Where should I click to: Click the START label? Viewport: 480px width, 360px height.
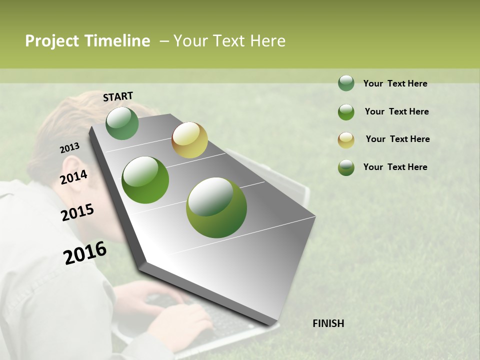pos(118,96)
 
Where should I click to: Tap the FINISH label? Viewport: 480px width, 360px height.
pos(328,323)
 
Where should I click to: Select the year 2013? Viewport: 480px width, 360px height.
pos(69,148)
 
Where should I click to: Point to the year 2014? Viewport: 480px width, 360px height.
pos(73,177)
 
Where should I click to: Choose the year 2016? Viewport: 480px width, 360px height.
pos(85,253)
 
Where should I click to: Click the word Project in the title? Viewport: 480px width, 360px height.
pos(52,41)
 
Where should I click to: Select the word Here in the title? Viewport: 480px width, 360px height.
pos(267,41)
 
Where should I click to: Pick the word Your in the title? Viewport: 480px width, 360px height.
pos(190,41)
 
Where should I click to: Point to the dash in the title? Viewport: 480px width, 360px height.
pos(164,41)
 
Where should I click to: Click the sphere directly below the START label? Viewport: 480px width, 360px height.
pos(122,123)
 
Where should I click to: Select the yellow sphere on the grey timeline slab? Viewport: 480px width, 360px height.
pos(189,140)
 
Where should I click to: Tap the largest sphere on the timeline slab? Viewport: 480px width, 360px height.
pos(216,207)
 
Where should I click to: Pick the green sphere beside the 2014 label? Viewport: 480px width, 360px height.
pos(145,180)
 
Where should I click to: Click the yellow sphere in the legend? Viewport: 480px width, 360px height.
pos(346,139)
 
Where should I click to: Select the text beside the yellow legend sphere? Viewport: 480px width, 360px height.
pos(397,139)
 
